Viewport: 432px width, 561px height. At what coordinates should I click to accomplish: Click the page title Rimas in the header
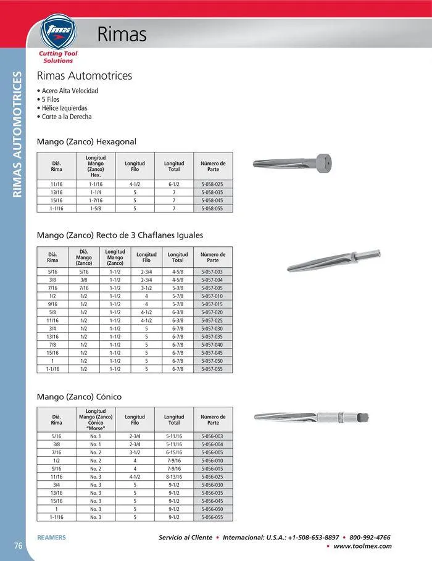[x=122, y=35]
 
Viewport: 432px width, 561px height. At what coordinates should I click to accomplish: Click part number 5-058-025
[x=213, y=184]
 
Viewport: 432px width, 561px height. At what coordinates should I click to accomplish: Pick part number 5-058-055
[x=213, y=209]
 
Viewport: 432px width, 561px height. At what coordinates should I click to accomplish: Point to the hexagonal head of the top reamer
[x=323, y=163]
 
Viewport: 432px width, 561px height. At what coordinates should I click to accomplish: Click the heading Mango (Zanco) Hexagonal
[x=86, y=141]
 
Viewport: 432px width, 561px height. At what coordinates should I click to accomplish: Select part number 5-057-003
[x=213, y=272]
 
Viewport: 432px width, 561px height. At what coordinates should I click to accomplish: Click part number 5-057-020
[x=213, y=312]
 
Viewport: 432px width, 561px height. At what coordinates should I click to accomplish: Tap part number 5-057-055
[x=213, y=369]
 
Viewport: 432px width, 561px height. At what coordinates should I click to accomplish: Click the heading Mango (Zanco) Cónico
[x=79, y=396]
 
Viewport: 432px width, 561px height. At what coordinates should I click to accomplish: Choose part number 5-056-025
[x=213, y=476]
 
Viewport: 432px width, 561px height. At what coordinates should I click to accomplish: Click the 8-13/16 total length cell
[x=174, y=476]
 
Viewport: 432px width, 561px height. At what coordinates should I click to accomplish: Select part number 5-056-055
[x=213, y=517]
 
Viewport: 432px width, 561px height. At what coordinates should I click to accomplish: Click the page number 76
[x=19, y=544]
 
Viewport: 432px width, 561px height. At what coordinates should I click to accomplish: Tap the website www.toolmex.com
[x=362, y=546]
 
